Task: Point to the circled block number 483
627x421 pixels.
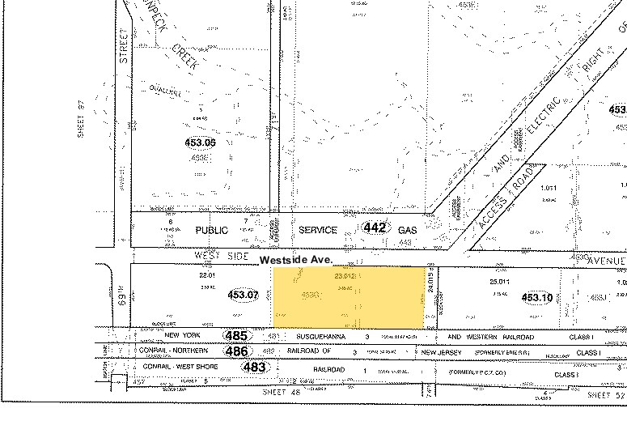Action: (x=254, y=367)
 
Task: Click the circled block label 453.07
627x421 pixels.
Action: (x=243, y=296)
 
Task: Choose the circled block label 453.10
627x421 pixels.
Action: (x=536, y=298)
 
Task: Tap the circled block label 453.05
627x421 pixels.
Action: (x=201, y=143)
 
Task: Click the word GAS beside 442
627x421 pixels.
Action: (x=407, y=230)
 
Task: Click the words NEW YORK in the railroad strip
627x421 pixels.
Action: (x=182, y=335)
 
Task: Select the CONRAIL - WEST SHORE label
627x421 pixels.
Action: (x=170, y=367)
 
